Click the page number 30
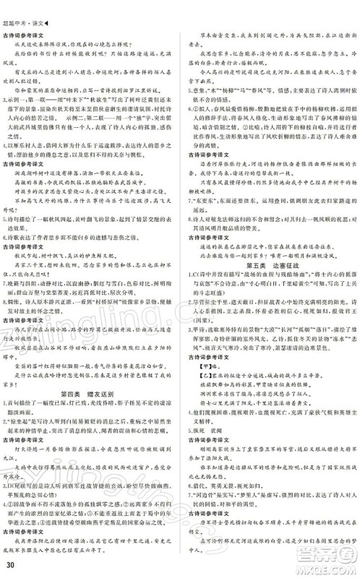[x=9, y=564]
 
